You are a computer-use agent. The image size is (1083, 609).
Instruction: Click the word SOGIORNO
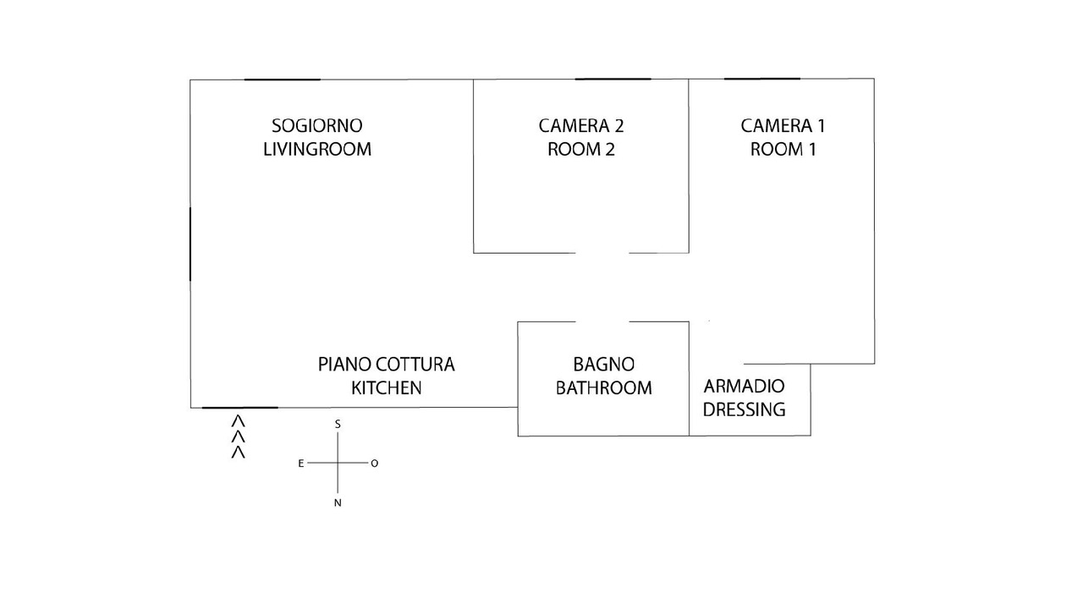pyautogui.click(x=317, y=126)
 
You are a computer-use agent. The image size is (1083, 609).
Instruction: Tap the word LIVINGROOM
pyautogui.click(x=317, y=150)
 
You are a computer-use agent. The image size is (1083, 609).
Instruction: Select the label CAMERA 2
pyautogui.click(x=581, y=126)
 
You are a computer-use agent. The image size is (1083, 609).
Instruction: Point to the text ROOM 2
pyautogui.click(x=581, y=150)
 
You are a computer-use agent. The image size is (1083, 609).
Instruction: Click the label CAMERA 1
pyautogui.click(x=783, y=126)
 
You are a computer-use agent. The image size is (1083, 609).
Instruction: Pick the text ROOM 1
pyautogui.click(x=783, y=150)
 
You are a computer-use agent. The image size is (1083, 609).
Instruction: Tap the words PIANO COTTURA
pyautogui.click(x=387, y=365)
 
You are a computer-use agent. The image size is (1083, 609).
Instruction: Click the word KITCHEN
pyautogui.click(x=387, y=388)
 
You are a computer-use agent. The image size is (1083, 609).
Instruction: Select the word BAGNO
pyautogui.click(x=604, y=365)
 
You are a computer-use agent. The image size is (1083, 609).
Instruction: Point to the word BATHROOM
pyautogui.click(x=604, y=388)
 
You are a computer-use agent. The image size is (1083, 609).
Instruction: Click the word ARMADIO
pyautogui.click(x=745, y=387)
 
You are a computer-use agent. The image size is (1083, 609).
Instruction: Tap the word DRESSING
pyautogui.click(x=745, y=410)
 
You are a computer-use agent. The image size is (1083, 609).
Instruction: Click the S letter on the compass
pyautogui.click(x=338, y=424)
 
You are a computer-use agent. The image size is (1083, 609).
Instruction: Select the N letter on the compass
pyautogui.click(x=338, y=503)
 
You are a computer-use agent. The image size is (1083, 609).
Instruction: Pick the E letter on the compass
pyautogui.click(x=300, y=464)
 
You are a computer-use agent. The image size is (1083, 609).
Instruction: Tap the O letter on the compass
pyautogui.click(x=375, y=464)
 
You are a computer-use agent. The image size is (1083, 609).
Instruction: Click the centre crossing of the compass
pyautogui.click(x=338, y=464)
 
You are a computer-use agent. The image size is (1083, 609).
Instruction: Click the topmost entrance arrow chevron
pyautogui.click(x=239, y=420)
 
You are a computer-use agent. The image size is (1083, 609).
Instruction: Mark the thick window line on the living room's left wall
pyautogui.click(x=190, y=244)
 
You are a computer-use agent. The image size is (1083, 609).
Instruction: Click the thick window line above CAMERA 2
pyautogui.click(x=613, y=80)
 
